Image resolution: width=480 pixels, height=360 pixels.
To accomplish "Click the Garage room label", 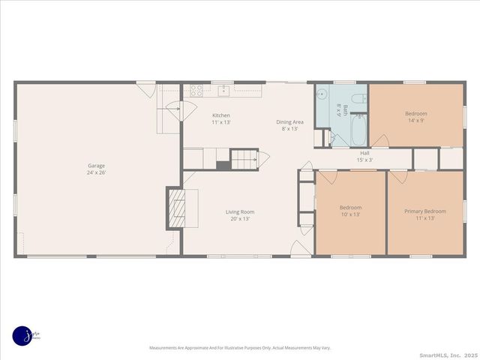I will (96, 166).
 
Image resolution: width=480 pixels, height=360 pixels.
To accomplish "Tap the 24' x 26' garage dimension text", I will (96, 173).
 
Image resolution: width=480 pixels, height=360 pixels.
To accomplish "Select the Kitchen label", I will (221, 115).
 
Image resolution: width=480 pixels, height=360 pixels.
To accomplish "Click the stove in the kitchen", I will (197, 90).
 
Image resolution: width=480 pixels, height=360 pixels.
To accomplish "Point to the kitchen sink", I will (223, 91).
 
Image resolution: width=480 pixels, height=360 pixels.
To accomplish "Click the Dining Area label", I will (289, 121).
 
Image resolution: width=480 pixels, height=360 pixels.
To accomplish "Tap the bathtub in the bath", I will (358, 130).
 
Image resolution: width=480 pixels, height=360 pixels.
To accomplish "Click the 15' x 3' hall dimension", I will (364, 160).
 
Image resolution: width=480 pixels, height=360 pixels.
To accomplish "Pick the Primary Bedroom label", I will (424, 211).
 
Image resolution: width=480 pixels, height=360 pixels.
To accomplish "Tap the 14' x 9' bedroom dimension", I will (416, 120).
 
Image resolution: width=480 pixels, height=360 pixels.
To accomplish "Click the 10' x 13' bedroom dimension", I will (350, 214).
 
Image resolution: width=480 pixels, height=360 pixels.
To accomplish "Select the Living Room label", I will (240, 211).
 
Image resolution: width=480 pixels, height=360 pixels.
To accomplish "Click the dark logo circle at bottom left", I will (22, 335).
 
